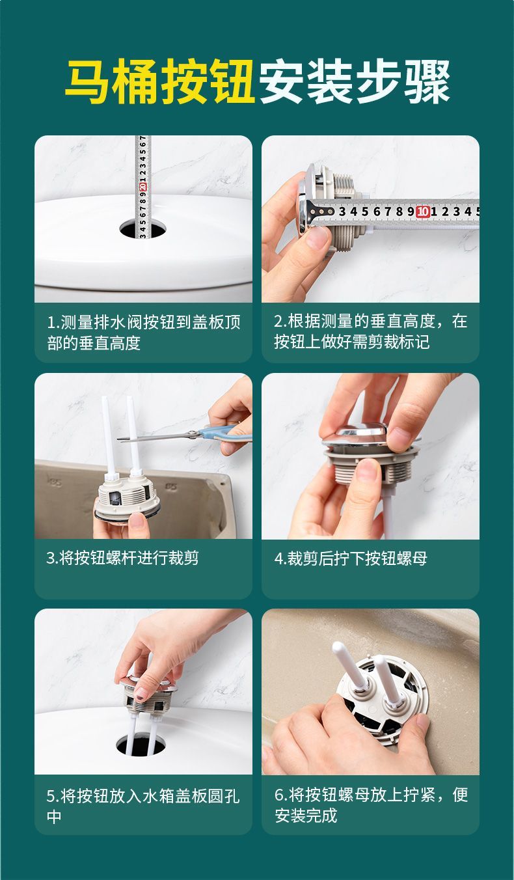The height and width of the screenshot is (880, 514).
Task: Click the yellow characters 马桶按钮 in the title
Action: (160, 82)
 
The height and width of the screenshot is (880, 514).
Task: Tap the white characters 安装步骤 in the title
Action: (354, 82)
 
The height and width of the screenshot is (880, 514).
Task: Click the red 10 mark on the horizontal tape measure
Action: (422, 212)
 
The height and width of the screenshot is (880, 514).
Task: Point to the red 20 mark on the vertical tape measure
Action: (143, 186)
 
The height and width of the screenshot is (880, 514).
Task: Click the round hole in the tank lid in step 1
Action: (142, 229)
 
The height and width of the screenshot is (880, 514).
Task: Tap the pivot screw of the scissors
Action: (193, 433)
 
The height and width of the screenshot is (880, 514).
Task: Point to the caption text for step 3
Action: (122, 558)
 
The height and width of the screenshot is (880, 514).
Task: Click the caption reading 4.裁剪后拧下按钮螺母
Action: (351, 558)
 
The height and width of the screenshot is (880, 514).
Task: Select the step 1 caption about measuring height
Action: (143, 333)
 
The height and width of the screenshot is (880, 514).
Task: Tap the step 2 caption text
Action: (371, 331)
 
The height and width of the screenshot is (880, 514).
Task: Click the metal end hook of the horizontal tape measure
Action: (310, 212)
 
